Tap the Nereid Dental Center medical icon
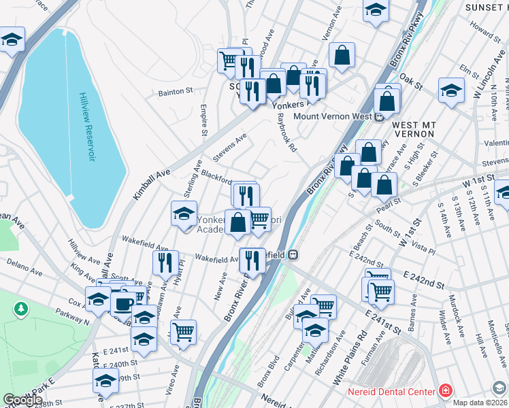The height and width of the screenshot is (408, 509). click(x=444, y=392)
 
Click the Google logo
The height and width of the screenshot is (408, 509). click(x=22, y=400)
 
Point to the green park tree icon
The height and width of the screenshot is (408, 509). click(x=21, y=309)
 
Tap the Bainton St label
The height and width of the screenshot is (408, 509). click(x=176, y=92)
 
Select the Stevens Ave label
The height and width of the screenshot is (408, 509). click(x=230, y=147)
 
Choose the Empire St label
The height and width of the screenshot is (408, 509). click(x=203, y=119)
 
